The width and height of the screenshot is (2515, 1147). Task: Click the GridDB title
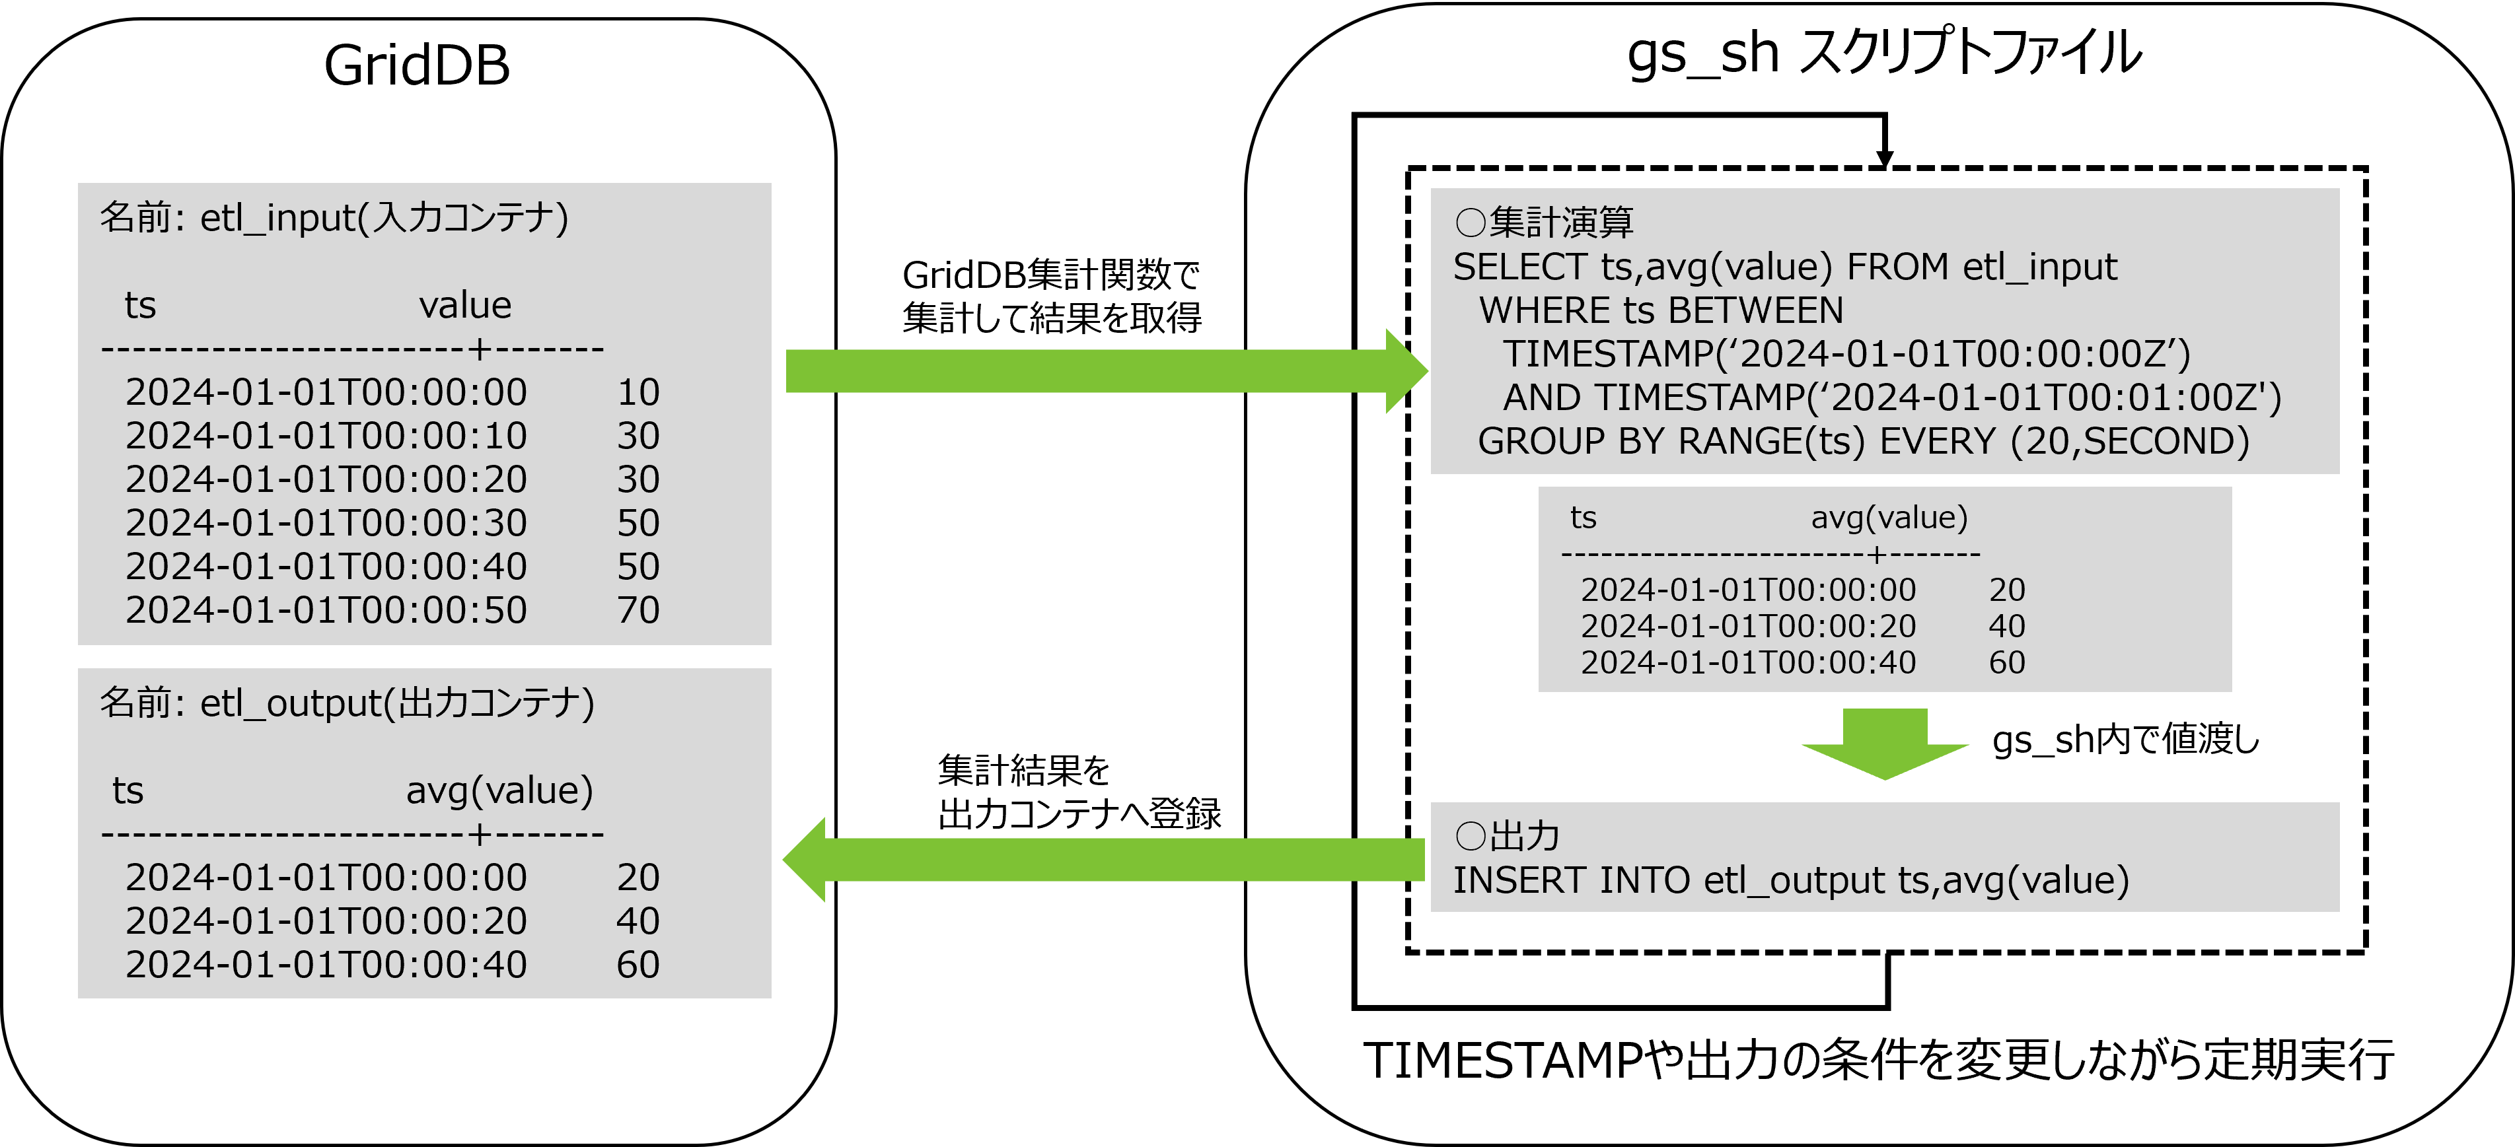point(417,67)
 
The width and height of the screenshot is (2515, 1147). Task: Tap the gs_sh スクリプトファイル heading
point(1883,53)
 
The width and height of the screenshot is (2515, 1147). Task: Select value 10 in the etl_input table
point(639,392)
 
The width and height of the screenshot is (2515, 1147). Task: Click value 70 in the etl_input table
point(639,610)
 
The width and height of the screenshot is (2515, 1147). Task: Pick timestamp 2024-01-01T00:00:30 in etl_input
point(326,523)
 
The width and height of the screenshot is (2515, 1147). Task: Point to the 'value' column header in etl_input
point(464,306)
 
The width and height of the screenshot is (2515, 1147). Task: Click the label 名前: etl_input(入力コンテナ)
point(334,218)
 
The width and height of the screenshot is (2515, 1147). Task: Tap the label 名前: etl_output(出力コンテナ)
point(347,703)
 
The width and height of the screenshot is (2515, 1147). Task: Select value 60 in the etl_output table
point(639,965)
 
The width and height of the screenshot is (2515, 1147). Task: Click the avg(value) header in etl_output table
point(499,790)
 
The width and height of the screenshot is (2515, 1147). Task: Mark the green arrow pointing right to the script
point(1103,371)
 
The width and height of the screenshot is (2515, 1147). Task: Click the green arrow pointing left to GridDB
point(1103,859)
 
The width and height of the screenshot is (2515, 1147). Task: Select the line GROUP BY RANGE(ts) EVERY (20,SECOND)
point(1863,441)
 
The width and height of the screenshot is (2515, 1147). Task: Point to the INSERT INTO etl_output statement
point(1790,880)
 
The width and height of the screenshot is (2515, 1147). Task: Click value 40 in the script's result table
point(2006,626)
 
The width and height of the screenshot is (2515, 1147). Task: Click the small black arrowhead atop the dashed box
point(1884,158)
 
